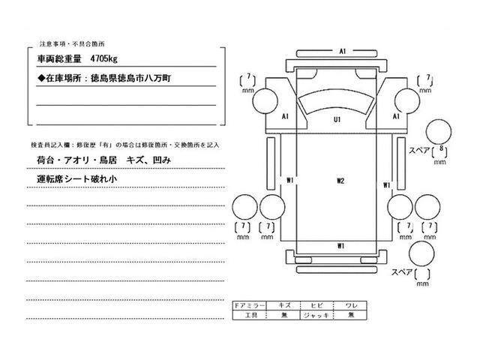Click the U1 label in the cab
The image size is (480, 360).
tap(338, 119)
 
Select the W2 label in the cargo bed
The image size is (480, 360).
tap(340, 181)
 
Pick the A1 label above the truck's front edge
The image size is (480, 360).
tap(341, 52)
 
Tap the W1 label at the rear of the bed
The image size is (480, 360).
tap(340, 246)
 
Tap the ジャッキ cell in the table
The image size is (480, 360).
tap(315, 316)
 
